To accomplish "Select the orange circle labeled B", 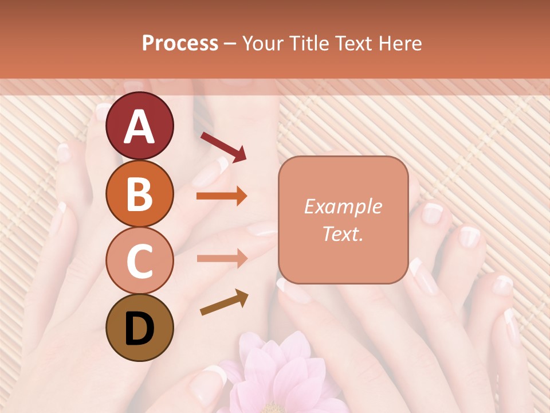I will (139, 193).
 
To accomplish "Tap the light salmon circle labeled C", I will (139, 260).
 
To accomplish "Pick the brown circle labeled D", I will (139, 328).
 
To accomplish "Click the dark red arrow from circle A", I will (223, 146).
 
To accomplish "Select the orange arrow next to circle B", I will (222, 196).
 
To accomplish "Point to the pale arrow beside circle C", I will (222, 258).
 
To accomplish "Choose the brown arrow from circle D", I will (224, 302).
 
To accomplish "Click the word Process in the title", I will (180, 44).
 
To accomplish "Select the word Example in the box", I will (343, 207).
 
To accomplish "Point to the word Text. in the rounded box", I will (343, 233).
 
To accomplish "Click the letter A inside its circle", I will (139, 127).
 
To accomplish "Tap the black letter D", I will (139, 329).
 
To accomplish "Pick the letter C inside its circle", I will (139, 261).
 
